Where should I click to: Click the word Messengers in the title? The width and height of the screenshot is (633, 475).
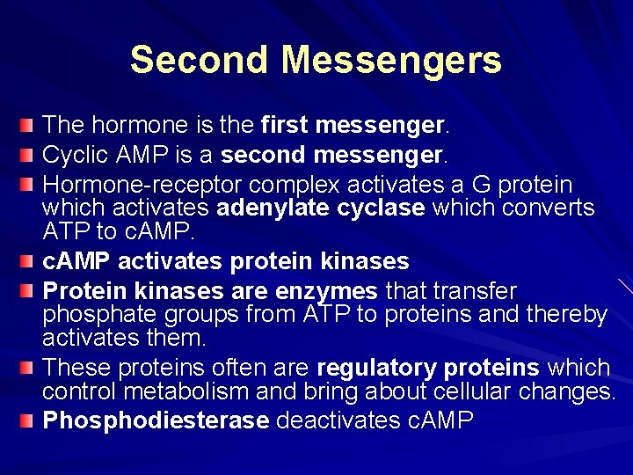coord(392,60)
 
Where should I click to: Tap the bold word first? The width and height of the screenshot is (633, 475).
coord(287,126)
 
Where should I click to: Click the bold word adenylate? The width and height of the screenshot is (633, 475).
coord(269,208)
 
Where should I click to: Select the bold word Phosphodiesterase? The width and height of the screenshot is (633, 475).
coord(156,420)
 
